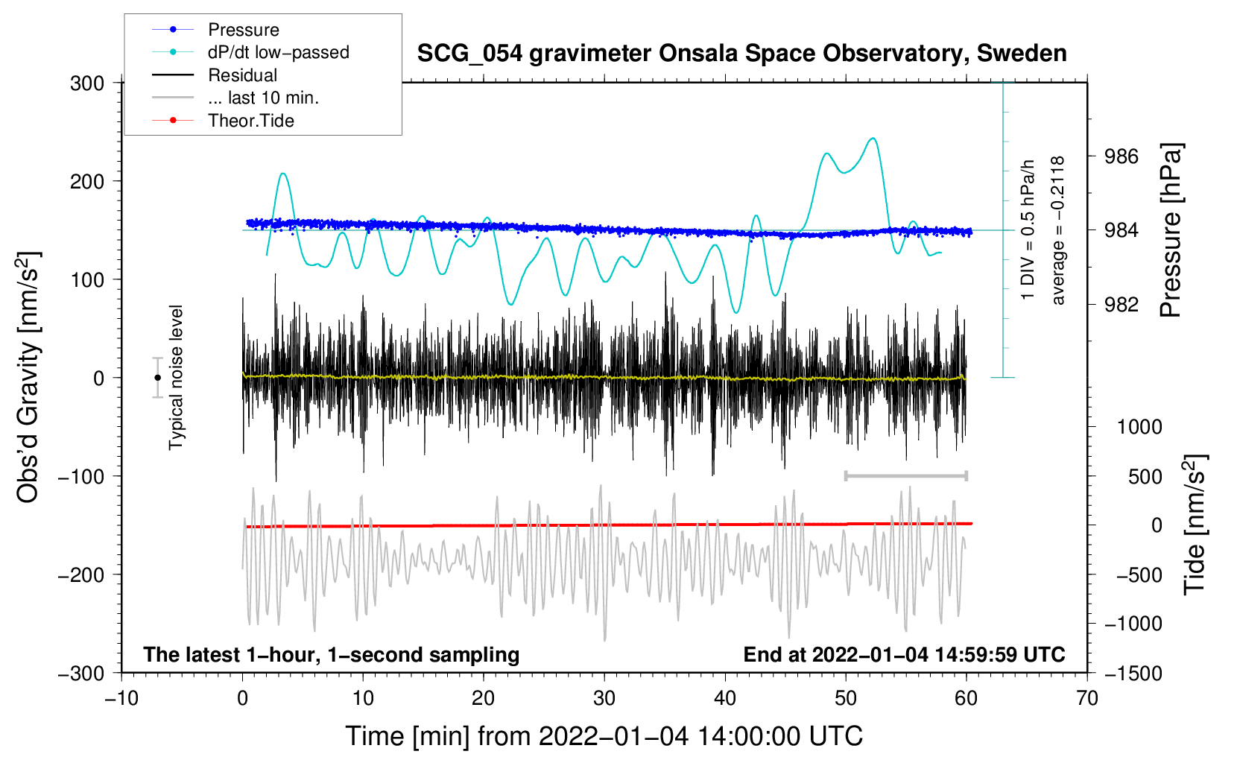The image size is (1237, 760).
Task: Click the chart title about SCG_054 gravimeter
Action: point(741,54)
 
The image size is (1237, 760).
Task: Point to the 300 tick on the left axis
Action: point(87,83)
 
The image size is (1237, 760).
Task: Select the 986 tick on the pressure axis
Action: point(1121,156)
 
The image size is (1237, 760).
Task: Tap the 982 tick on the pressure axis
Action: point(1121,304)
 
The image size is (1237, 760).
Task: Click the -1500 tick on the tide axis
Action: point(1133,673)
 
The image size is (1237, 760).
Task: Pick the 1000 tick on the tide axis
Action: point(1139,427)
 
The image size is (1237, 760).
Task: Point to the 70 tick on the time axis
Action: point(1087,698)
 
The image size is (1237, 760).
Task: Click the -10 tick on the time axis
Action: point(121,698)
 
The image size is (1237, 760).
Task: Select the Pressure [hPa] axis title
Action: point(1171,231)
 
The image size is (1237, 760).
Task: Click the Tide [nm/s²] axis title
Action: point(1195,525)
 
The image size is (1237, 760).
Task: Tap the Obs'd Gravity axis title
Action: point(28,378)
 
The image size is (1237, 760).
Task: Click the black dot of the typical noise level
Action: point(157,378)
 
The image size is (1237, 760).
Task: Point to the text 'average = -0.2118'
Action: point(1057,231)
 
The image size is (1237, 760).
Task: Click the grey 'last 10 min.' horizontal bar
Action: point(905,475)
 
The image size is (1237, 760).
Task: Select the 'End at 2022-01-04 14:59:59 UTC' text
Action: point(904,654)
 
